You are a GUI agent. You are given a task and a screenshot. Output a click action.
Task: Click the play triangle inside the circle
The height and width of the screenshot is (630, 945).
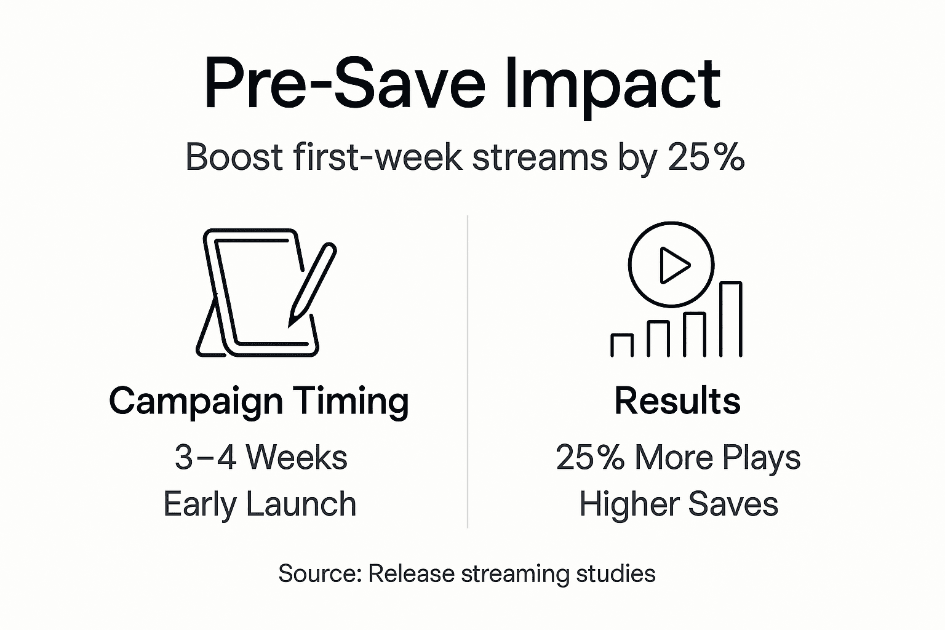(x=673, y=265)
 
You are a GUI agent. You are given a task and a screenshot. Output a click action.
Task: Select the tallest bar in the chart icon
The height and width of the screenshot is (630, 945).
(x=730, y=319)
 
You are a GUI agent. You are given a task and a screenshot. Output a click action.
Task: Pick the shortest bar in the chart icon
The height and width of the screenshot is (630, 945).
(x=622, y=345)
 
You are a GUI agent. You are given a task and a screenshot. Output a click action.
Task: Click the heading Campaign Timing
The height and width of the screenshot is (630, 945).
(x=259, y=401)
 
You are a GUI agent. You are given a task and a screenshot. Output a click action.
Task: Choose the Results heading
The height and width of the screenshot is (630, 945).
(x=677, y=401)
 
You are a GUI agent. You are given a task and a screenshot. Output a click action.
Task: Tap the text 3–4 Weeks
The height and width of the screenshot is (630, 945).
(x=261, y=458)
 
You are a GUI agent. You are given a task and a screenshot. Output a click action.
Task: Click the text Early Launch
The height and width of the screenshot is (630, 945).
(x=260, y=504)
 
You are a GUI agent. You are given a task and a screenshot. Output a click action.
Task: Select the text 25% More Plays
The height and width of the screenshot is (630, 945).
(x=678, y=458)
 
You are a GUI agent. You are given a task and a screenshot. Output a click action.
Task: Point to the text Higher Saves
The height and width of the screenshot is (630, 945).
(x=679, y=504)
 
